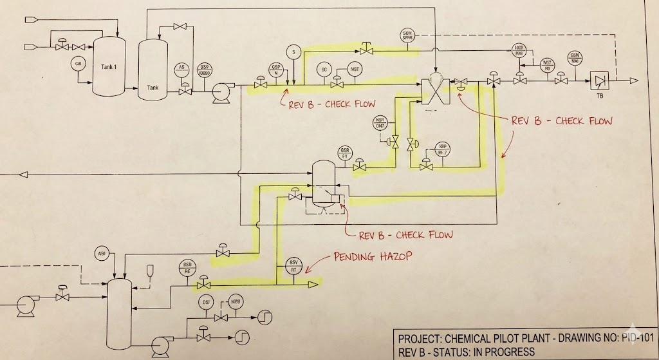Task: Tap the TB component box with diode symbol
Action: [x=600, y=81]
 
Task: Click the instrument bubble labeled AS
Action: [x=181, y=69]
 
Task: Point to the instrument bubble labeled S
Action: [x=293, y=52]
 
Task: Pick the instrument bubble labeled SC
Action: [x=324, y=70]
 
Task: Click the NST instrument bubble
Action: [x=353, y=69]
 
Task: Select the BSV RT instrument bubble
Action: [x=293, y=265]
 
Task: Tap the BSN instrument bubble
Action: [x=188, y=268]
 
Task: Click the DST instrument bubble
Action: [x=207, y=303]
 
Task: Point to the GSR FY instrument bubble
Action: [x=344, y=153]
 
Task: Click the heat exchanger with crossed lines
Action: [x=434, y=89]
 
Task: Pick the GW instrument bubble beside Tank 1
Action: [x=79, y=63]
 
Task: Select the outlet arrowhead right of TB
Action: [x=634, y=81]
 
